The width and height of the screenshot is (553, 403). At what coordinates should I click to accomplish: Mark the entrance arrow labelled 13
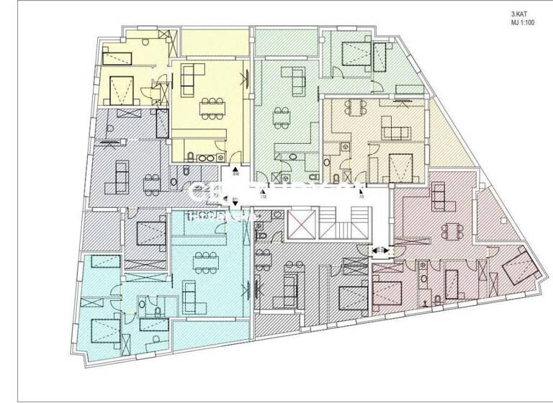pos(361,189)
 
